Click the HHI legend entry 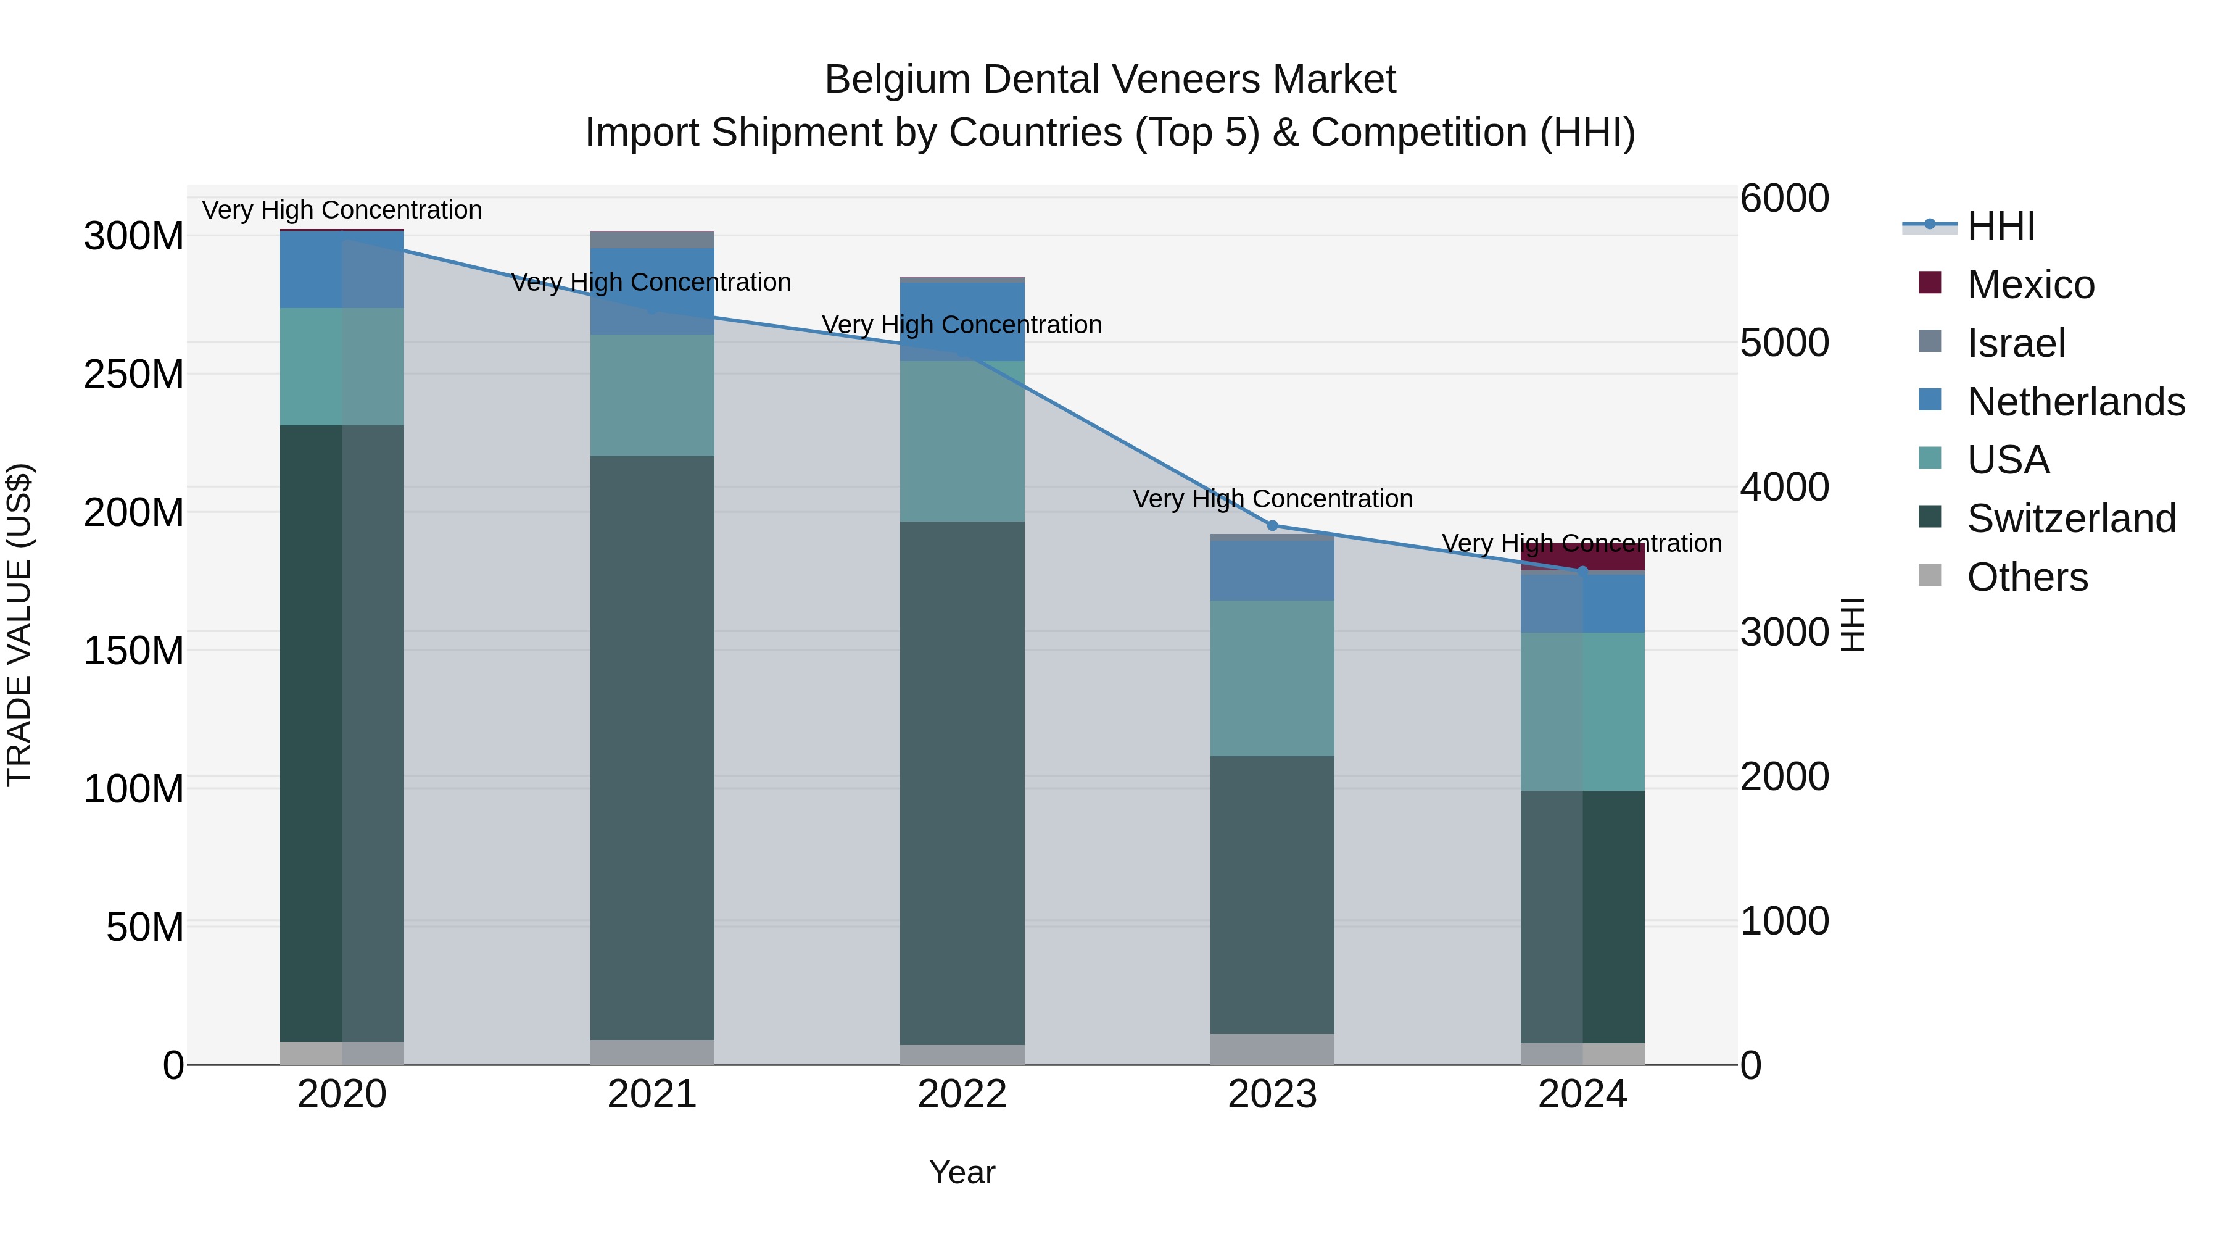pos(2000,226)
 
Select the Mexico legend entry pos(2030,285)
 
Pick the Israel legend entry pos(2016,343)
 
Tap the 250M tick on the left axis pos(134,375)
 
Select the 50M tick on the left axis pos(145,927)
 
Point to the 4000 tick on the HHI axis pos(1784,488)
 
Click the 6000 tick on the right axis pos(1784,198)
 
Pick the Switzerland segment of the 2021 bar pos(652,747)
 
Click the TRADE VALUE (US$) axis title pos(19,625)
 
